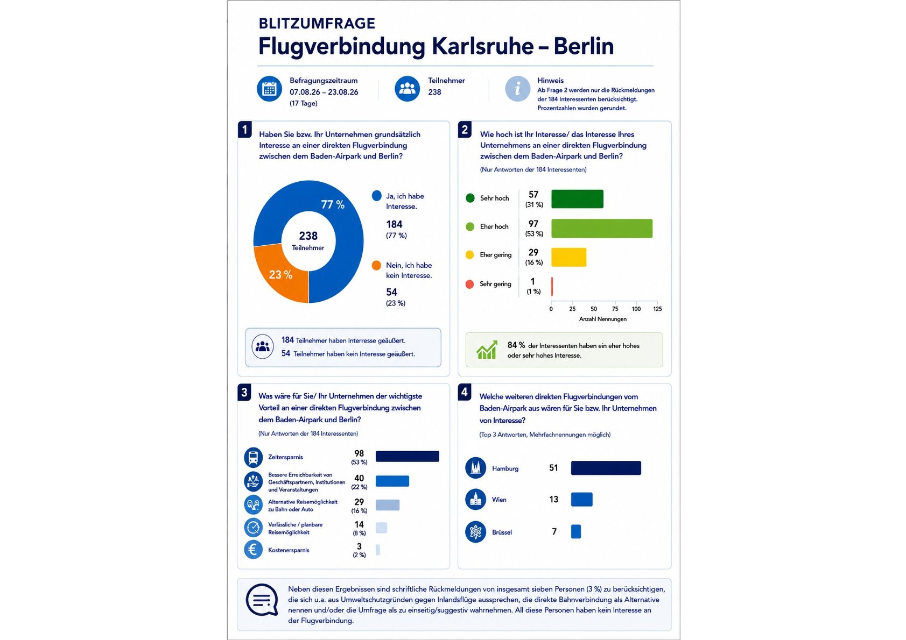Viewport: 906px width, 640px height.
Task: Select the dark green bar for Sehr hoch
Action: pyautogui.click(x=577, y=199)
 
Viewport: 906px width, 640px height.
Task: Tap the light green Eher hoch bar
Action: pyautogui.click(x=602, y=228)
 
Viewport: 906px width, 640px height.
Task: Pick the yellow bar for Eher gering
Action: pyautogui.click(x=568, y=258)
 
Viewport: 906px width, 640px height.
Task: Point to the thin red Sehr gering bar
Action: pyautogui.click(x=552, y=287)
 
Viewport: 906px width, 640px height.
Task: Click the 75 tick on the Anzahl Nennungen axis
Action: pyautogui.click(x=615, y=309)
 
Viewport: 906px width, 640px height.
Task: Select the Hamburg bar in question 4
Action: pyautogui.click(x=606, y=468)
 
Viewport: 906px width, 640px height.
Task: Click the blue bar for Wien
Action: pyautogui.click(x=581, y=500)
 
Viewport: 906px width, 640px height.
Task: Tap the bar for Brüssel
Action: pyautogui.click(x=576, y=531)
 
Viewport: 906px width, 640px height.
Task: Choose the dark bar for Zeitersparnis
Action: pyautogui.click(x=408, y=456)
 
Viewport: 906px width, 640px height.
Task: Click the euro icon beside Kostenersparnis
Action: pyautogui.click(x=253, y=550)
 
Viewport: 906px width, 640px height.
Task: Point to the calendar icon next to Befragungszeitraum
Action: pyautogui.click(x=269, y=89)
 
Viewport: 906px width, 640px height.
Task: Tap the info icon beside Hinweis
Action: pyautogui.click(x=518, y=89)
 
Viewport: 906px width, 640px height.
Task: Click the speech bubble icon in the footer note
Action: pyautogui.click(x=262, y=600)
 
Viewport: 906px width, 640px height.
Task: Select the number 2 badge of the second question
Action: pyautogui.click(x=465, y=130)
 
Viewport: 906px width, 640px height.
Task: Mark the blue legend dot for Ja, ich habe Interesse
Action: pyautogui.click(x=376, y=196)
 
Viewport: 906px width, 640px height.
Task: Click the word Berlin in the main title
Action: pyautogui.click(x=584, y=46)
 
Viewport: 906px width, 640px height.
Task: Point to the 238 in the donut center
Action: pyautogui.click(x=308, y=236)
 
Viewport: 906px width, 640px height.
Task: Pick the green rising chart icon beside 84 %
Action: pyautogui.click(x=487, y=350)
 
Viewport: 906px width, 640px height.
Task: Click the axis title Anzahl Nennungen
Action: pyautogui.click(x=602, y=319)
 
